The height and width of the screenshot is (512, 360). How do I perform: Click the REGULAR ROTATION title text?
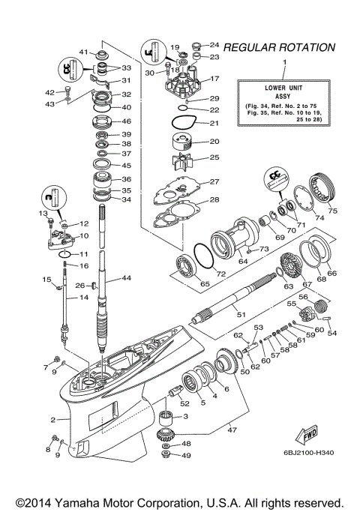click(x=279, y=48)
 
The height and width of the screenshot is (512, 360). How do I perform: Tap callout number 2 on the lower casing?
click(x=53, y=420)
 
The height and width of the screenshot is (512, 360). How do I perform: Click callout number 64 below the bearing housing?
click(x=242, y=262)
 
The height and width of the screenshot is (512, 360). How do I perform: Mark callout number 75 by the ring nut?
click(x=333, y=211)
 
